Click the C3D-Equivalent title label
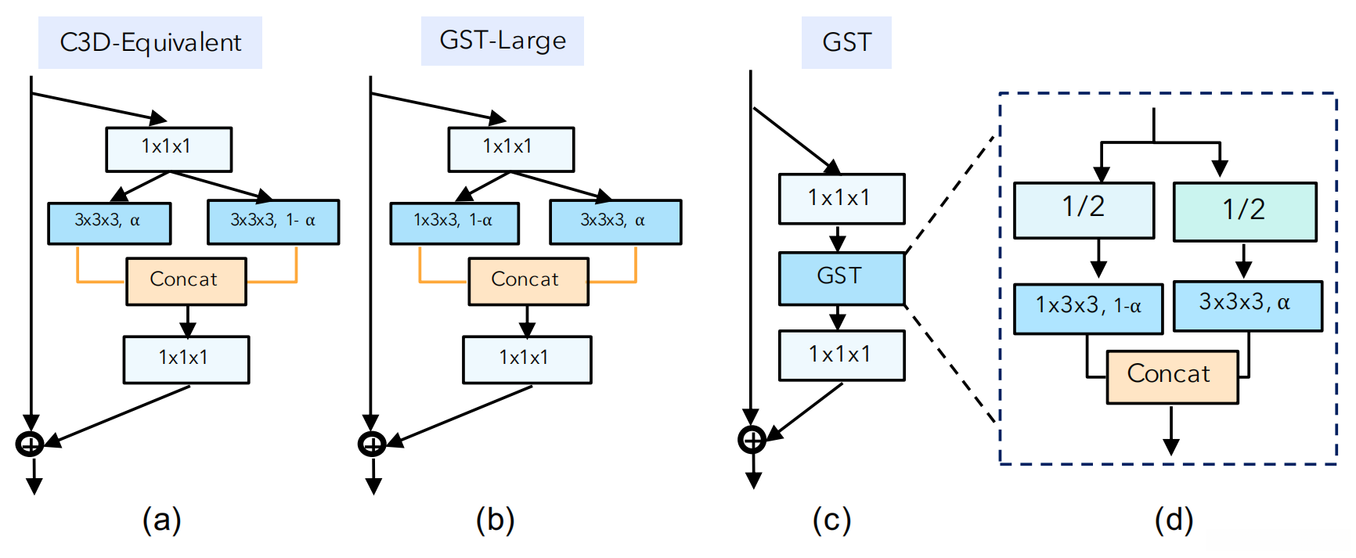pyautogui.click(x=150, y=42)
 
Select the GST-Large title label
pyautogui.click(x=503, y=41)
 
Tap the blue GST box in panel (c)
pyautogui.click(x=842, y=278)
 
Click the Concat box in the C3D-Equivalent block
pyautogui.click(x=186, y=281)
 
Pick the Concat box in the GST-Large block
pyautogui.click(x=528, y=281)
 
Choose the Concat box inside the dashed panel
pyautogui.click(x=1172, y=376)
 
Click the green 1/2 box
pyautogui.click(x=1244, y=211)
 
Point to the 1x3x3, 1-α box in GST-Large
pyautogui.click(x=454, y=222)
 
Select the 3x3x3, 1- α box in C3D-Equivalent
pyautogui.click(x=273, y=222)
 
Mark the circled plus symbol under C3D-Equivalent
pyautogui.click(x=30, y=445)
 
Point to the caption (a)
pyautogui.click(x=161, y=520)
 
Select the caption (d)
pyautogui.click(x=1174, y=520)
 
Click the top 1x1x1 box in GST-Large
pyautogui.click(x=510, y=149)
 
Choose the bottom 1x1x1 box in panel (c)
pyautogui.click(x=842, y=355)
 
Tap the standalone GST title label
pyautogui.click(x=846, y=42)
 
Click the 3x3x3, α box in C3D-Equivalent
pyautogui.click(x=110, y=222)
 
